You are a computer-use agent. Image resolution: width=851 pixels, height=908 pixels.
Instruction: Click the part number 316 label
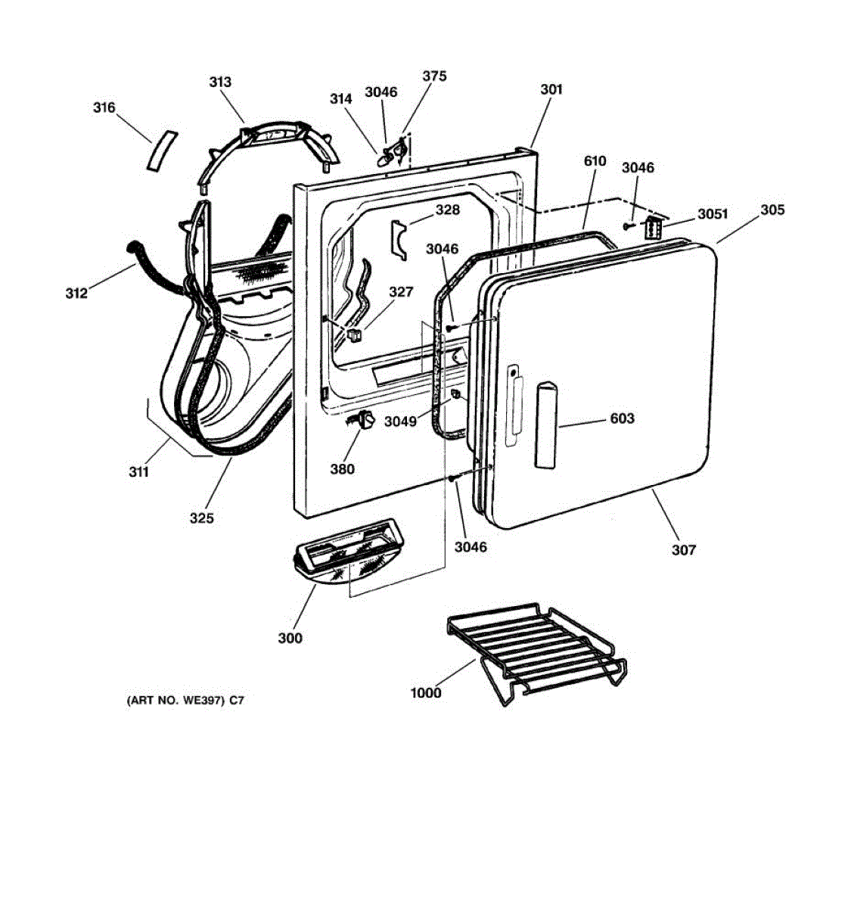pyautogui.click(x=104, y=107)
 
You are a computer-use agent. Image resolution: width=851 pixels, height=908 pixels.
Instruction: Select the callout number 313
pyautogui.click(x=220, y=82)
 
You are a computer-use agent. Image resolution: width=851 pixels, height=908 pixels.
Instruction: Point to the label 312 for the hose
pyautogui.click(x=76, y=294)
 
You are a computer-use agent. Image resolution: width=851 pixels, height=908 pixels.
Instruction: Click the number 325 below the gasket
pyautogui.click(x=201, y=518)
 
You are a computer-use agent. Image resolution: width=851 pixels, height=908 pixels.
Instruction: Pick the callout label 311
pyautogui.click(x=138, y=472)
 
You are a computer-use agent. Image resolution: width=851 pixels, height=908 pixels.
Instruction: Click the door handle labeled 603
pyautogui.click(x=546, y=425)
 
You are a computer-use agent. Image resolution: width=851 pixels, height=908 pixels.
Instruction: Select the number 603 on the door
pyautogui.click(x=622, y=418)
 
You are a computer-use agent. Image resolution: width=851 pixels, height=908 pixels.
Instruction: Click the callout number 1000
pyautogui.click(x=425, y=692)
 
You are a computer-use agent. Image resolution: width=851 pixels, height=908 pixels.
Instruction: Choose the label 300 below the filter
pyautogui.click(x=290, y=638)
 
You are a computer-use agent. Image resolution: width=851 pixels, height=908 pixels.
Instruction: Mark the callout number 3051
pyautogui.click(x=712, y=214)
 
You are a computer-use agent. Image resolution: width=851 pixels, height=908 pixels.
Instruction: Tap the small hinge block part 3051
pyautogui.click(x=653, y=228)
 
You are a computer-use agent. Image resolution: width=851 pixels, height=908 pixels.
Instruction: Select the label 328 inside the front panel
pyautogui.click(x=447, y=210)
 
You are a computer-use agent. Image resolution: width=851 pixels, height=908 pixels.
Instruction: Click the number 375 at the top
pyautogui.click(x=434, y=76)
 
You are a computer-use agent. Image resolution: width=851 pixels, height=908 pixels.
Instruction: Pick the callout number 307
pyautogui.click(x=683, y=550)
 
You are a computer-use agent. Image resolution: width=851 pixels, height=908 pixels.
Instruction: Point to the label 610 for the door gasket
pyautogui.click(x=595, y=161)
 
